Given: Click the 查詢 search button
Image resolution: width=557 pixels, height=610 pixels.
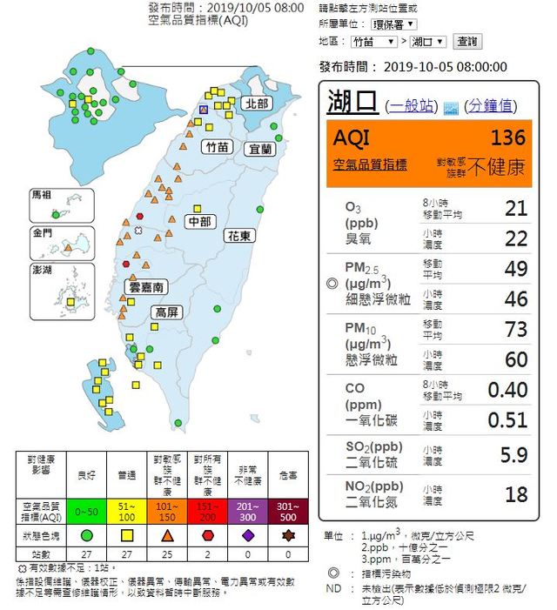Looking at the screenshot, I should (x=467, y=41).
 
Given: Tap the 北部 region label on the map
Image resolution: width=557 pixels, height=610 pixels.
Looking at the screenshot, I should (x=258, y=104).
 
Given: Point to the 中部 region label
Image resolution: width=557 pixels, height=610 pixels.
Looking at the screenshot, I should (x=201, y=221).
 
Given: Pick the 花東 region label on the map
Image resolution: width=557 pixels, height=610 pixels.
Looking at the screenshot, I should (x=239, y=236).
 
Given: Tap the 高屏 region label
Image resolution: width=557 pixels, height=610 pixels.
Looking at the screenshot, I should (x=167, y=312).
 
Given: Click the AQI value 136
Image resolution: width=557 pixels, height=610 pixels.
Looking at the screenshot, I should (x=508, y=137).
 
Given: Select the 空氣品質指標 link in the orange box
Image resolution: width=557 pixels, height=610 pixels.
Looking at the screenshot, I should (x=370, y=164).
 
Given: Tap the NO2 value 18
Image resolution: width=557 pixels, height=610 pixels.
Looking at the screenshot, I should (x=516, y=494).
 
